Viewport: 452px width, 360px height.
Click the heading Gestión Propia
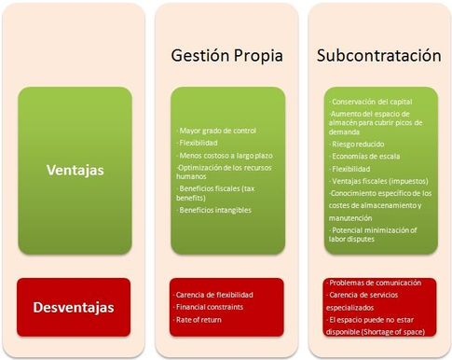pyautogui.click(x=226, y=55)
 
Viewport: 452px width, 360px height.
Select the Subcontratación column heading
pyautogui.click(x=378, y=55)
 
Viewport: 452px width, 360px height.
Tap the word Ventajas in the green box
pyautogui.click(x=75, y=170)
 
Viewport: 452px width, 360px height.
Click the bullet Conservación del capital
pyautogui.click(x=371, y=101)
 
